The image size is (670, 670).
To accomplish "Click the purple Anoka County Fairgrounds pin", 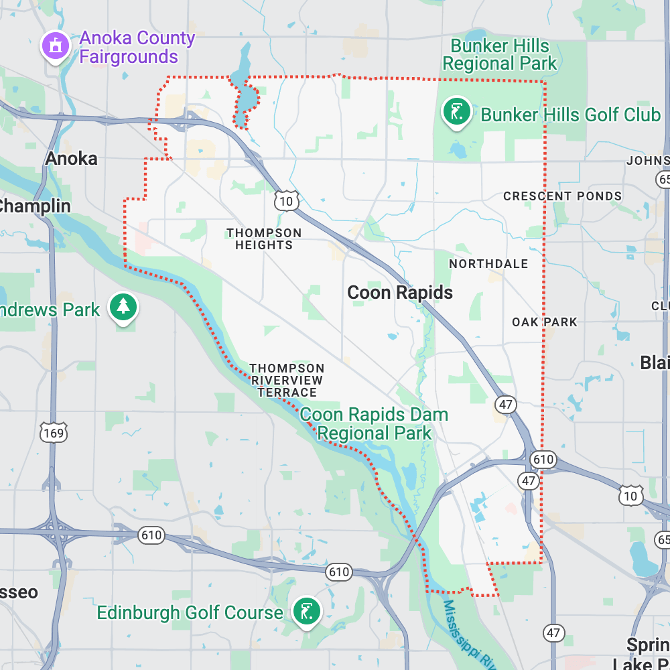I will coord(56,46).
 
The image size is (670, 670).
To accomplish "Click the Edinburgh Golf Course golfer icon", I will coord(306,611).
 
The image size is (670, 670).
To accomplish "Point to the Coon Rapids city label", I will coord(400,293).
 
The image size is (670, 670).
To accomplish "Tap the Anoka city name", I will coord(71,159).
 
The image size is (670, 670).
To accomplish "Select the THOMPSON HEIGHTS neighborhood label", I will coord(264,239).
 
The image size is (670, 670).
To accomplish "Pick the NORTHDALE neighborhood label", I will coord(488,264).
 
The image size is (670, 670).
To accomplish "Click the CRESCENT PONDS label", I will coord(563,196).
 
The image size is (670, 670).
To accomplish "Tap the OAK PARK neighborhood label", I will coord(544,322).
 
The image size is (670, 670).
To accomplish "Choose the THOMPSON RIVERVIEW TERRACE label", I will coord(287,380).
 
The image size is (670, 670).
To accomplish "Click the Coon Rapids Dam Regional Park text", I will coord(374,423).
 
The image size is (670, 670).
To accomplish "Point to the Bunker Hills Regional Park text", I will coord(500,55).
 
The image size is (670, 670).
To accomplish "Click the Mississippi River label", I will coord(469,633).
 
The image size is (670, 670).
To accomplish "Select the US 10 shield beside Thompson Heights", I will coord(286,200).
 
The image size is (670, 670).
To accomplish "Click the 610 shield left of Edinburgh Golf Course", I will coord(152,535).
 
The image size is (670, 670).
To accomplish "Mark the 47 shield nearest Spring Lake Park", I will coord(553,632).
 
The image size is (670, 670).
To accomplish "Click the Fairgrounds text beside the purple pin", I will coord(129,56).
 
